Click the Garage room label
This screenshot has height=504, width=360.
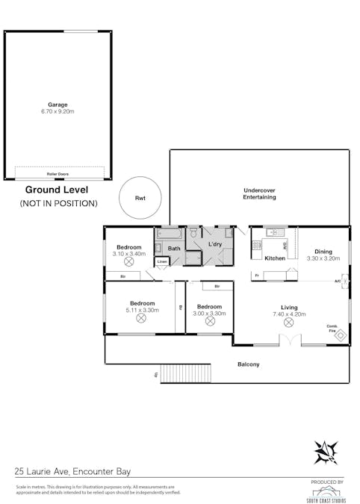tap(58, 105)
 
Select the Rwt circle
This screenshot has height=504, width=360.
tap(140, 198)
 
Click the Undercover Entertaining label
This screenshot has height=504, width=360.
tap(259, 194)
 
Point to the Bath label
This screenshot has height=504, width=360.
tap(173, 249)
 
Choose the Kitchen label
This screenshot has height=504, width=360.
tap(276, 258)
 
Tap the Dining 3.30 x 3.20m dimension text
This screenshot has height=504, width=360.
tap(323, 258)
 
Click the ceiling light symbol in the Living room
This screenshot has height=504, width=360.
tap(289, 323)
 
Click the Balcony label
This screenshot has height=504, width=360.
tap(249, 364)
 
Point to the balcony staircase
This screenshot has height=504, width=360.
tap(181, 373)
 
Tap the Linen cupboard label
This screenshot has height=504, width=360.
tap(162, 261)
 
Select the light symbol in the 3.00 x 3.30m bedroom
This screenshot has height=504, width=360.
tap(210, 320)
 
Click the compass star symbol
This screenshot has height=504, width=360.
tap(326, 452)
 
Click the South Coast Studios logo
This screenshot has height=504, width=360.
tap(326, 493)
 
